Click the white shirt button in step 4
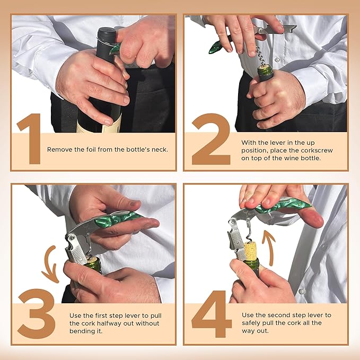pos(301,291)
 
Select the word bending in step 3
pos(83,331)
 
